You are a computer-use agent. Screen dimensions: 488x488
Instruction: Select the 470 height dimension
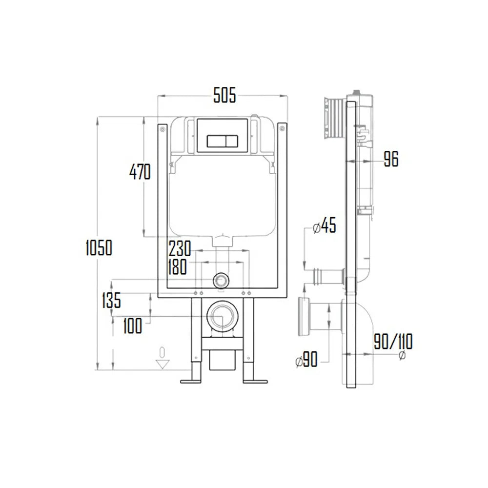click(140, 172)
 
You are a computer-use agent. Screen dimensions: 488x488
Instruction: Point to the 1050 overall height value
click(99, 247)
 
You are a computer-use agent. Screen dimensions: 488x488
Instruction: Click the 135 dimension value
click(111, 300)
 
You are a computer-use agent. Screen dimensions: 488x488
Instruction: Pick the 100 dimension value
click(132, 325)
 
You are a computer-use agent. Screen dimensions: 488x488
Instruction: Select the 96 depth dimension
click(390, 159)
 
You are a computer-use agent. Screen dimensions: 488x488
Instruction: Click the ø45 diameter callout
click(323, 227)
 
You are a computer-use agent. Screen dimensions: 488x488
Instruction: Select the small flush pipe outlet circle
click(221, 280)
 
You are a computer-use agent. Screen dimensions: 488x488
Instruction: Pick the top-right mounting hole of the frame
click(283, 128)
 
